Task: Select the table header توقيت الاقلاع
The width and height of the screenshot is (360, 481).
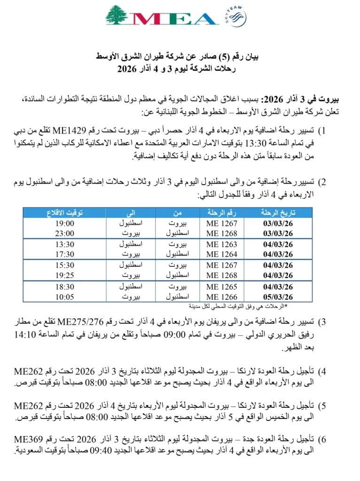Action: click(x=64, y=214)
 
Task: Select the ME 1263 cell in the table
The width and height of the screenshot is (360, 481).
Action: click(x=222, y=244)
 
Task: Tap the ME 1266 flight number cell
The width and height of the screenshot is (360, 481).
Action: click(x=222, y=296)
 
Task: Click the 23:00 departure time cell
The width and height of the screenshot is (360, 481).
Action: click(x=64, y=233)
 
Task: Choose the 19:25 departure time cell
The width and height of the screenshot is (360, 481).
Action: click(x=64, y=275)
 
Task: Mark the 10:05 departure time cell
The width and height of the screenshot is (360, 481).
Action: click(x=64, y=296)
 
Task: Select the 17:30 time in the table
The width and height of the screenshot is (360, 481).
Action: click(x=64, y=254)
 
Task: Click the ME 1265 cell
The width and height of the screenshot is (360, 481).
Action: click(x=222, y=286)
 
